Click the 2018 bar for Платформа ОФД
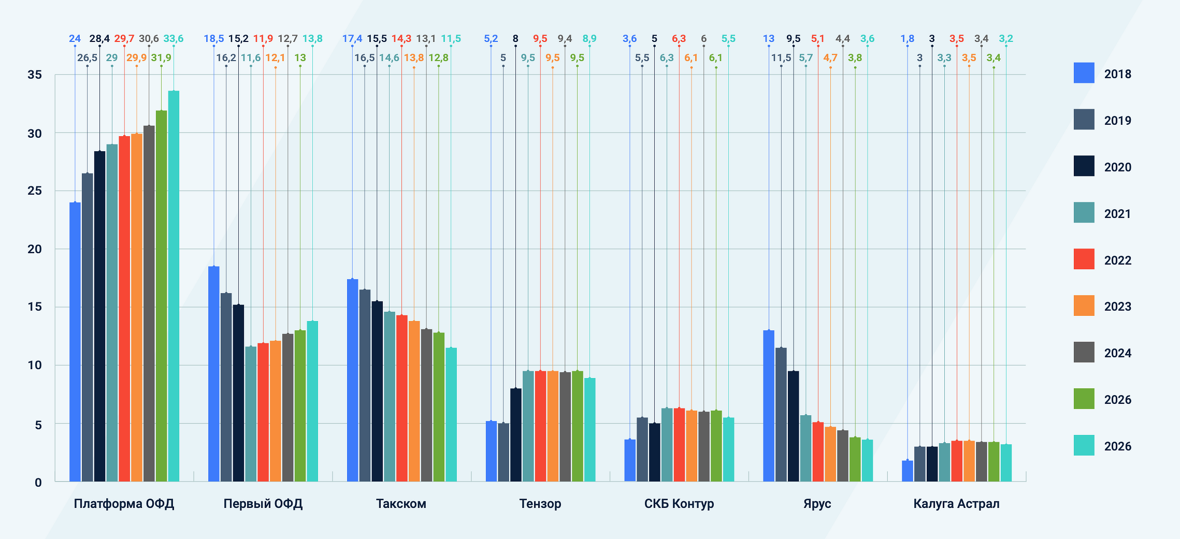pos(75,342)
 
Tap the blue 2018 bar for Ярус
pos(769,406)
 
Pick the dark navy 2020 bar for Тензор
pos(516,435)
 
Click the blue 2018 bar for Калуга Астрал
pos(907,471)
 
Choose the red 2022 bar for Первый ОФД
pos(263,412)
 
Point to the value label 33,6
pos(174,39)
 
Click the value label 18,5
pos(213,39)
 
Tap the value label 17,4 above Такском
pos(352,39)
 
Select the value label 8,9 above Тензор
pos(589,39)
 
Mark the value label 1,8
pos(907,39)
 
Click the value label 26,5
pos(87,58)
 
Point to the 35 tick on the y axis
pos(35,75)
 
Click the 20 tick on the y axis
pos(35,249)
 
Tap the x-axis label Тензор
pos(540,504)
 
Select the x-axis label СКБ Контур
pos(679,504)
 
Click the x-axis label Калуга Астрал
pos(956,504)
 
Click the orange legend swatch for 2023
pos(1084,305)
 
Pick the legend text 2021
pos(1117,213)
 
